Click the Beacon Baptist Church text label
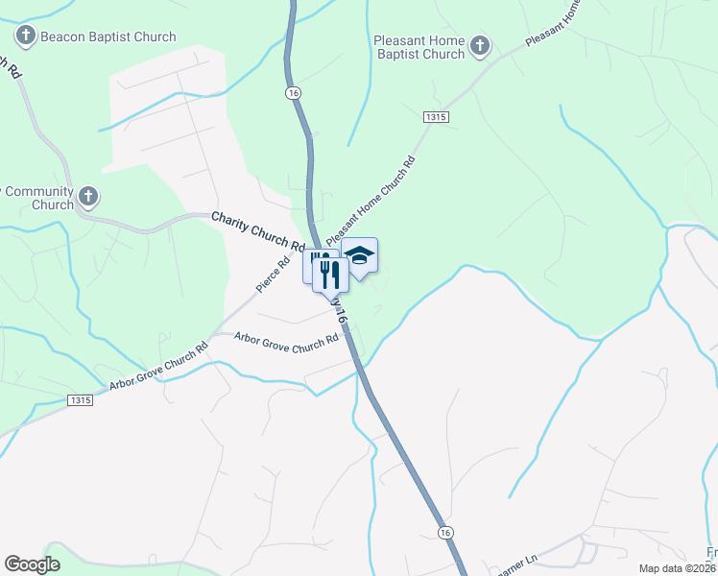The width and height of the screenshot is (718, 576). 108,37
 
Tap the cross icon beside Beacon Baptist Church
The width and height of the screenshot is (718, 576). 26,37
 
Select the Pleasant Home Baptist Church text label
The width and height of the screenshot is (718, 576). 419,48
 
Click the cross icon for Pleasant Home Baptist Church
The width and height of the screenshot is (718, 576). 480,45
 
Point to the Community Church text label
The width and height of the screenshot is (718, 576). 38,198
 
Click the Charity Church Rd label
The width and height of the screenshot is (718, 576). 257,229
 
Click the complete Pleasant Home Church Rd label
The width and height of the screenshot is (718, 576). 370,201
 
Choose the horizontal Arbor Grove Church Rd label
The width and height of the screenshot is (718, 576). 287,339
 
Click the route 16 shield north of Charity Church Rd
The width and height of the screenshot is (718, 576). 293,92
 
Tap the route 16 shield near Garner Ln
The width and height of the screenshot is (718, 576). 443,532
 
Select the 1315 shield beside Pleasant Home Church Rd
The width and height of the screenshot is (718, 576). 435,116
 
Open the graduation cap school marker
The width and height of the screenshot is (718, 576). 360,256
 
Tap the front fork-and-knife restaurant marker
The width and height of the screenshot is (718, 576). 330,274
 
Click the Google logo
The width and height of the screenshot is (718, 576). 33,564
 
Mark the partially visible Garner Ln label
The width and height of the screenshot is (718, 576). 515,567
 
